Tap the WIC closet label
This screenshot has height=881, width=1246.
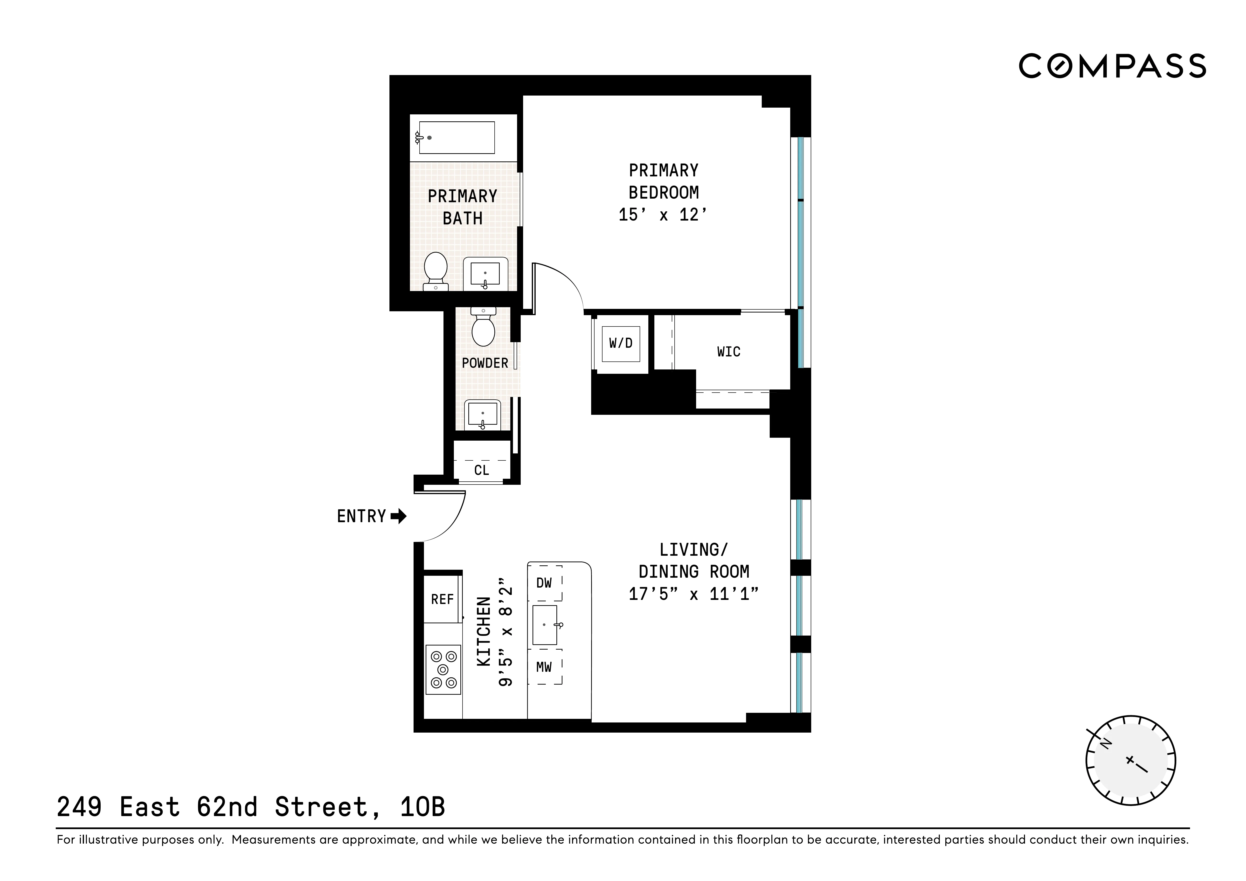[728, 352]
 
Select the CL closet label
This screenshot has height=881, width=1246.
[481, 470]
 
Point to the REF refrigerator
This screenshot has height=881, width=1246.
[442, 599]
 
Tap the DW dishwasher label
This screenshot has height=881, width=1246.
[544, 583]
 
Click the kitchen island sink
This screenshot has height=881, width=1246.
[545, 625]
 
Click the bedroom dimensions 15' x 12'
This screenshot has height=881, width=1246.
[663, 215]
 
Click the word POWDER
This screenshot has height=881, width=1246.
[485, 363]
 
